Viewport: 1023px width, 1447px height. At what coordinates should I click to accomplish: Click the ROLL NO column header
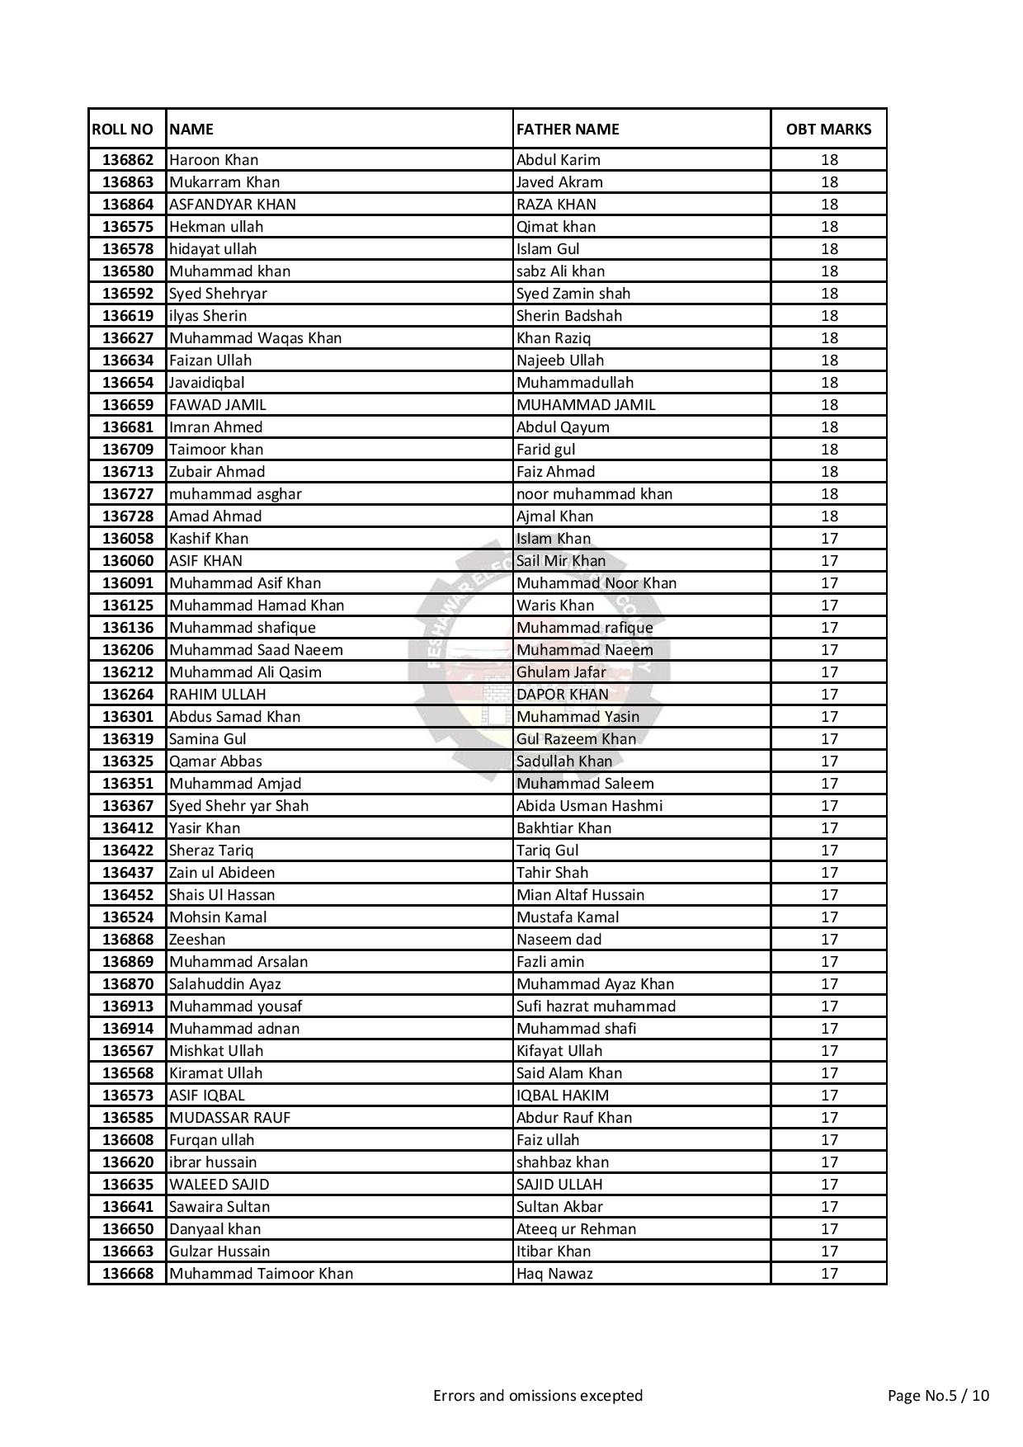123,130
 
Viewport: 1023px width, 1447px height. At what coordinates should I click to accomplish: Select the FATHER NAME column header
568,130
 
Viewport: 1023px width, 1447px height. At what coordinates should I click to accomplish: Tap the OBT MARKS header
828,130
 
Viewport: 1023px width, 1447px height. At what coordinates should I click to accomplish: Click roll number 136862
128,160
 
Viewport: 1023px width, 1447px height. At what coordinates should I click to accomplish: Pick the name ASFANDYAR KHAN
233,205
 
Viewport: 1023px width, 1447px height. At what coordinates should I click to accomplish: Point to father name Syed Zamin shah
573,294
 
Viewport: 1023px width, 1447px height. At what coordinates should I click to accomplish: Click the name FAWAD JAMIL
218,405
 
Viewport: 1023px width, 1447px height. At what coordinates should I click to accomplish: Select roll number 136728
128,516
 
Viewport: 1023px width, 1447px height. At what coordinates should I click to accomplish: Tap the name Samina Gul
208,739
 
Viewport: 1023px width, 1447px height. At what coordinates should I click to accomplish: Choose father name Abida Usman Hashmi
589,806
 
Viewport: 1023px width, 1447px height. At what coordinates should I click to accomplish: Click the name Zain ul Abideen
222,873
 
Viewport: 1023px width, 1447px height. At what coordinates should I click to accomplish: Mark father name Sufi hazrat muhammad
596,1006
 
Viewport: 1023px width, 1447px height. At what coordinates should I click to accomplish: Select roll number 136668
128,1274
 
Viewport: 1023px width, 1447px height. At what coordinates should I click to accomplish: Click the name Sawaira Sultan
219,1207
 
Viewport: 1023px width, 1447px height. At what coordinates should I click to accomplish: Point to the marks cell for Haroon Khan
829,160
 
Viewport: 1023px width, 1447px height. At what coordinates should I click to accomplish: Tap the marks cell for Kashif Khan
829,539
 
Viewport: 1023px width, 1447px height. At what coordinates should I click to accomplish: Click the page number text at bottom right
938,1396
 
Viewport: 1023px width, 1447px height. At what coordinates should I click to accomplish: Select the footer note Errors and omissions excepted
538,1396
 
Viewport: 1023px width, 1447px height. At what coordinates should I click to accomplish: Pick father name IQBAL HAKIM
563,1096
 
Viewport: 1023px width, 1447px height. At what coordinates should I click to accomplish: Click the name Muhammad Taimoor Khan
261,1274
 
